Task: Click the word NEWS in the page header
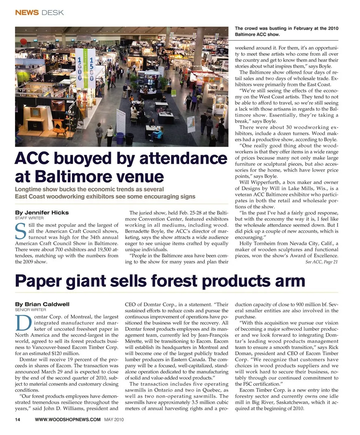point(27,12)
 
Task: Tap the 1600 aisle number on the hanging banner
point(80,68)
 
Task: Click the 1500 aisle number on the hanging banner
point(90,68)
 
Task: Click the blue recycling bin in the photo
point(120,138)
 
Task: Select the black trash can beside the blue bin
point(130,139)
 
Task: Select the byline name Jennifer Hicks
point(42,213)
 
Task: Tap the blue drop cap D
point(20,323)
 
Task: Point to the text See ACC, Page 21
point(321,262)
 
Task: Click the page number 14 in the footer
point(17,419)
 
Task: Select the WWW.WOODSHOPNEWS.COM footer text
point(67,419)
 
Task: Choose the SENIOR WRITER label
point(30,310)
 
